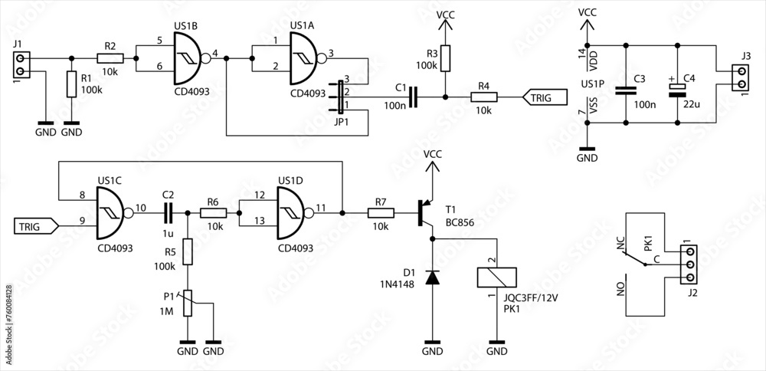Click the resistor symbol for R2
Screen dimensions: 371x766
click(x=110, y=57)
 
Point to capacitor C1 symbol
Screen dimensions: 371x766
click(x=414, y=97)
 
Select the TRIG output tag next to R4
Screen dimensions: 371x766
click(x=545, y=97)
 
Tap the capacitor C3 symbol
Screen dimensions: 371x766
click(x=626, y=90)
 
